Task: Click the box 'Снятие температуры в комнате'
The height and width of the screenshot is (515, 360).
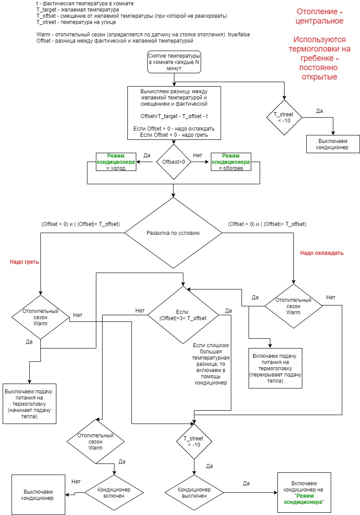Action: click(x=174, y=62)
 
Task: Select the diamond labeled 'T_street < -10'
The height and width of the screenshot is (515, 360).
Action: click(x=284, y=118)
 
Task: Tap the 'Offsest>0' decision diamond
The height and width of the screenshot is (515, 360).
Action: click(x=174, y=162)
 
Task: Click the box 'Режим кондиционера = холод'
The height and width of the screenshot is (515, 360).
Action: click(x=116, y=162)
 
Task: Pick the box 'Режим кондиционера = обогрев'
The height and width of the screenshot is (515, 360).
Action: click(x=231, y=162)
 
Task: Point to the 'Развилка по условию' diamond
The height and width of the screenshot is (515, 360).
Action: click(x=173, y=233)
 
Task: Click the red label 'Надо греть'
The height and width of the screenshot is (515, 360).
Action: click(x=24, y=262)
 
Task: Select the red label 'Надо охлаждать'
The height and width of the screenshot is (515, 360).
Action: click(x=321, y=253)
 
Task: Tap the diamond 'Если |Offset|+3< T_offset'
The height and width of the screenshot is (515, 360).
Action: click(x=182, y=315)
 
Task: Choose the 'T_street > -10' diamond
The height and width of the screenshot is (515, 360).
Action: click(x=194, y=441)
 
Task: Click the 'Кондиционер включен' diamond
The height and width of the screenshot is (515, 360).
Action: click(x=114, y=493)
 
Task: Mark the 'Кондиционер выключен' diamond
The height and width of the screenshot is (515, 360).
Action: click(x=194, y=493)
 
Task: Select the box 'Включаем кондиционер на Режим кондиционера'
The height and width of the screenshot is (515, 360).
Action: click(x=304, y=493)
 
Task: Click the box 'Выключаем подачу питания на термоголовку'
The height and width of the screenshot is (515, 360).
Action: click(x=30, y=404)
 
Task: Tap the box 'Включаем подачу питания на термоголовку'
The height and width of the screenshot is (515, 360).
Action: click(x=275, y=368)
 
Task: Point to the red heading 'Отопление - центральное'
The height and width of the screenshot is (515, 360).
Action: click(x=320, y=16)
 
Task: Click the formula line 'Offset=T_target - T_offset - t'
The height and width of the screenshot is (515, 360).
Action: click(x=174, y=116)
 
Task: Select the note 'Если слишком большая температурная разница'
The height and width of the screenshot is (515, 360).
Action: click(x=211, y=364)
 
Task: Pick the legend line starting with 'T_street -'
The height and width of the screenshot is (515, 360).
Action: click(x=76, y=22)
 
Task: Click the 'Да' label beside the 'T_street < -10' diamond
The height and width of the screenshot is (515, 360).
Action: click(x=320, y=111)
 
